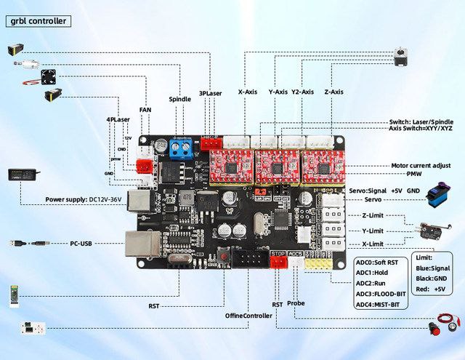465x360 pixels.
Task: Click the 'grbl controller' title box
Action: pyautogui.click(x=37, y=20)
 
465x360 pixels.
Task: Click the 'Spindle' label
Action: pyautogui.click(x=179, y=99)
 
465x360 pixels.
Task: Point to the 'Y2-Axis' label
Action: pyautogui.click(x=302, y=92)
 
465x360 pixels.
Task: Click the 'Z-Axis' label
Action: pyautogui.click(x=334, y=92)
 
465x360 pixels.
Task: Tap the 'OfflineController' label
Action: pyautogui.click(x=248, y=316)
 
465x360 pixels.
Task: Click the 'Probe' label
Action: pyautogui.click(x=296, y=303)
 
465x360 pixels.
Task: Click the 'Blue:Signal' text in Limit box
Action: pyautogui.click(x=434, y=268)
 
